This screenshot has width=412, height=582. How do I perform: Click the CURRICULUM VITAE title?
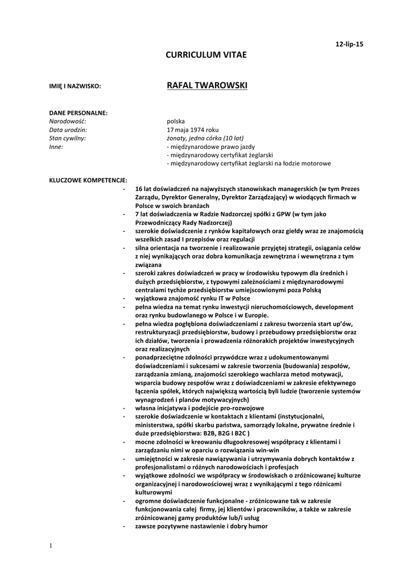click(x=207, y=55)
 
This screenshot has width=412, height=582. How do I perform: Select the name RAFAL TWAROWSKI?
click(x=207, y=85)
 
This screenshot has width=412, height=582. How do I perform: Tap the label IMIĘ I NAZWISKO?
click(x=75, y=86)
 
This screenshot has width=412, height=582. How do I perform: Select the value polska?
click(x=176, y=121)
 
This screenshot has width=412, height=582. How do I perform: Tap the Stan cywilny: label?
click(x=68, y=138)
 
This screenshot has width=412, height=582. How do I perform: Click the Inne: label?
click(x=56, y=147)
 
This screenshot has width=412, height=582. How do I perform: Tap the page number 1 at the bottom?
click(x=51, y=546)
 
